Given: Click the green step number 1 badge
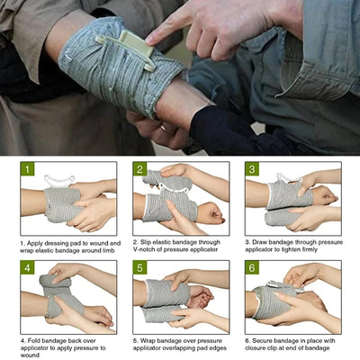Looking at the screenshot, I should tap(28, 169).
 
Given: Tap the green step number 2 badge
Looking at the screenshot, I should tap(140, 169).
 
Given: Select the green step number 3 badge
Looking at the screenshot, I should tap(252, 169).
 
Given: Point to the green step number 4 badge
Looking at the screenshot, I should tap(28, 268).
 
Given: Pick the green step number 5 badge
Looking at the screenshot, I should tap(140, 268).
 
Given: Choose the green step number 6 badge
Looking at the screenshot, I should tap(252, 268).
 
